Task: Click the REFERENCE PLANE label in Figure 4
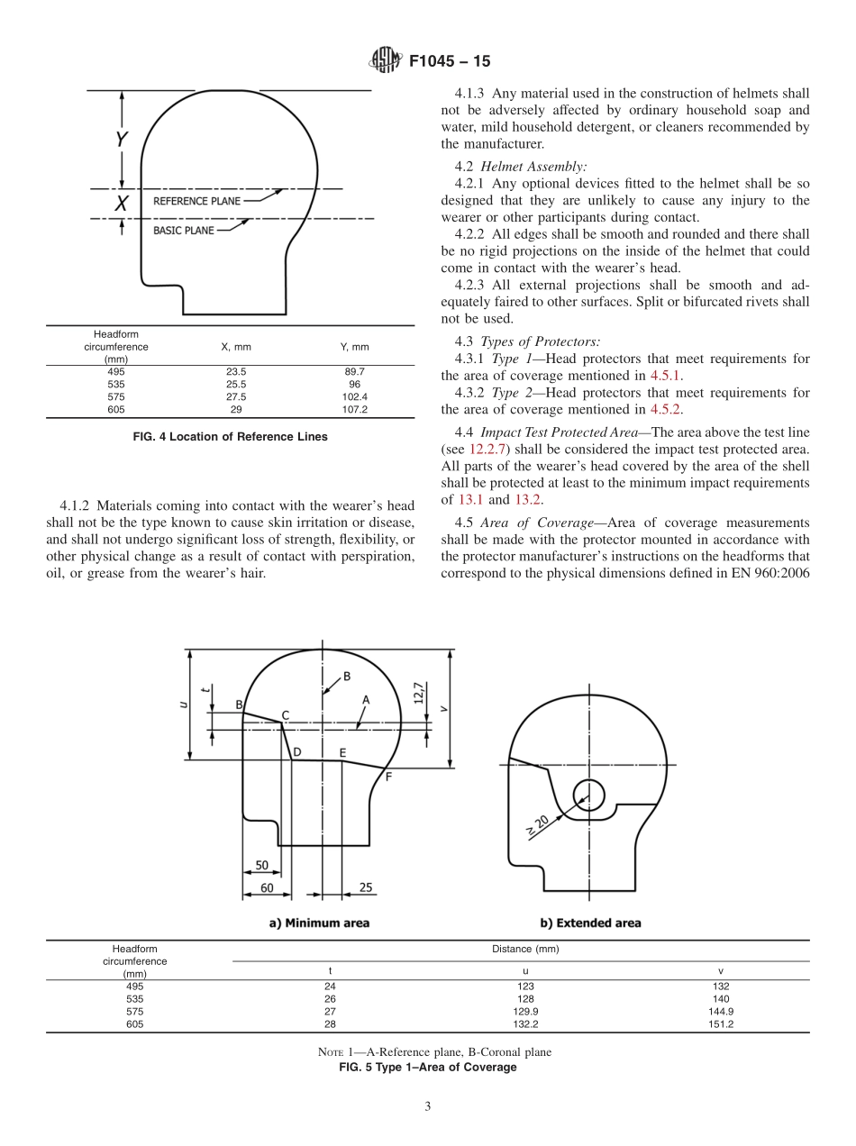click(196, 201)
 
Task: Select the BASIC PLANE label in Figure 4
click(184, 231)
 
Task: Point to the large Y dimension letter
click(121, 140)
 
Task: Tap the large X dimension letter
click(121, 204)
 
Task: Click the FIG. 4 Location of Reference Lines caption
click(230, 437)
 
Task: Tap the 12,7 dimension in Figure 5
click(418, 694)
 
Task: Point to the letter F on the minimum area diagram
click(388, 776)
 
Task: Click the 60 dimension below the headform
click(267, 887)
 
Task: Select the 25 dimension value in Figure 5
click(366, 887)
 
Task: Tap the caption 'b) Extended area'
click(590, 923)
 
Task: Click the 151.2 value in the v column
click(720, 1024)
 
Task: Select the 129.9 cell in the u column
click(525, 1012)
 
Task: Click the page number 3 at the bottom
click(427, 1106)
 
